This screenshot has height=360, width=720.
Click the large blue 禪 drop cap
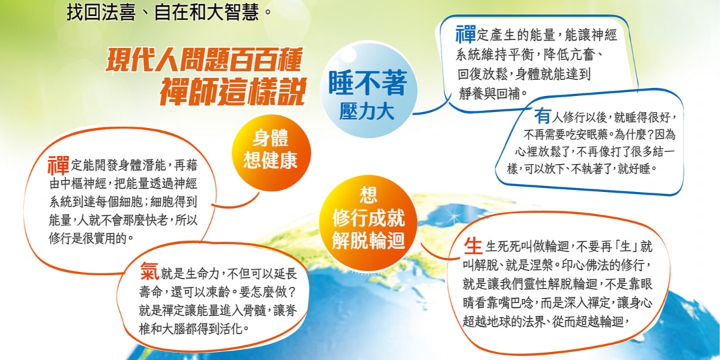[x=465, y=35]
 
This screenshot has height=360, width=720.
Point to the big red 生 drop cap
[x=473, y=246]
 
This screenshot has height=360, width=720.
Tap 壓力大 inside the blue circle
[x=367, y=112]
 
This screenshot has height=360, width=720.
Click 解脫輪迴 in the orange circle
[x=368, y=240]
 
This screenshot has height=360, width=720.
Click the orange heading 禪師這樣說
[x=233, y=93]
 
